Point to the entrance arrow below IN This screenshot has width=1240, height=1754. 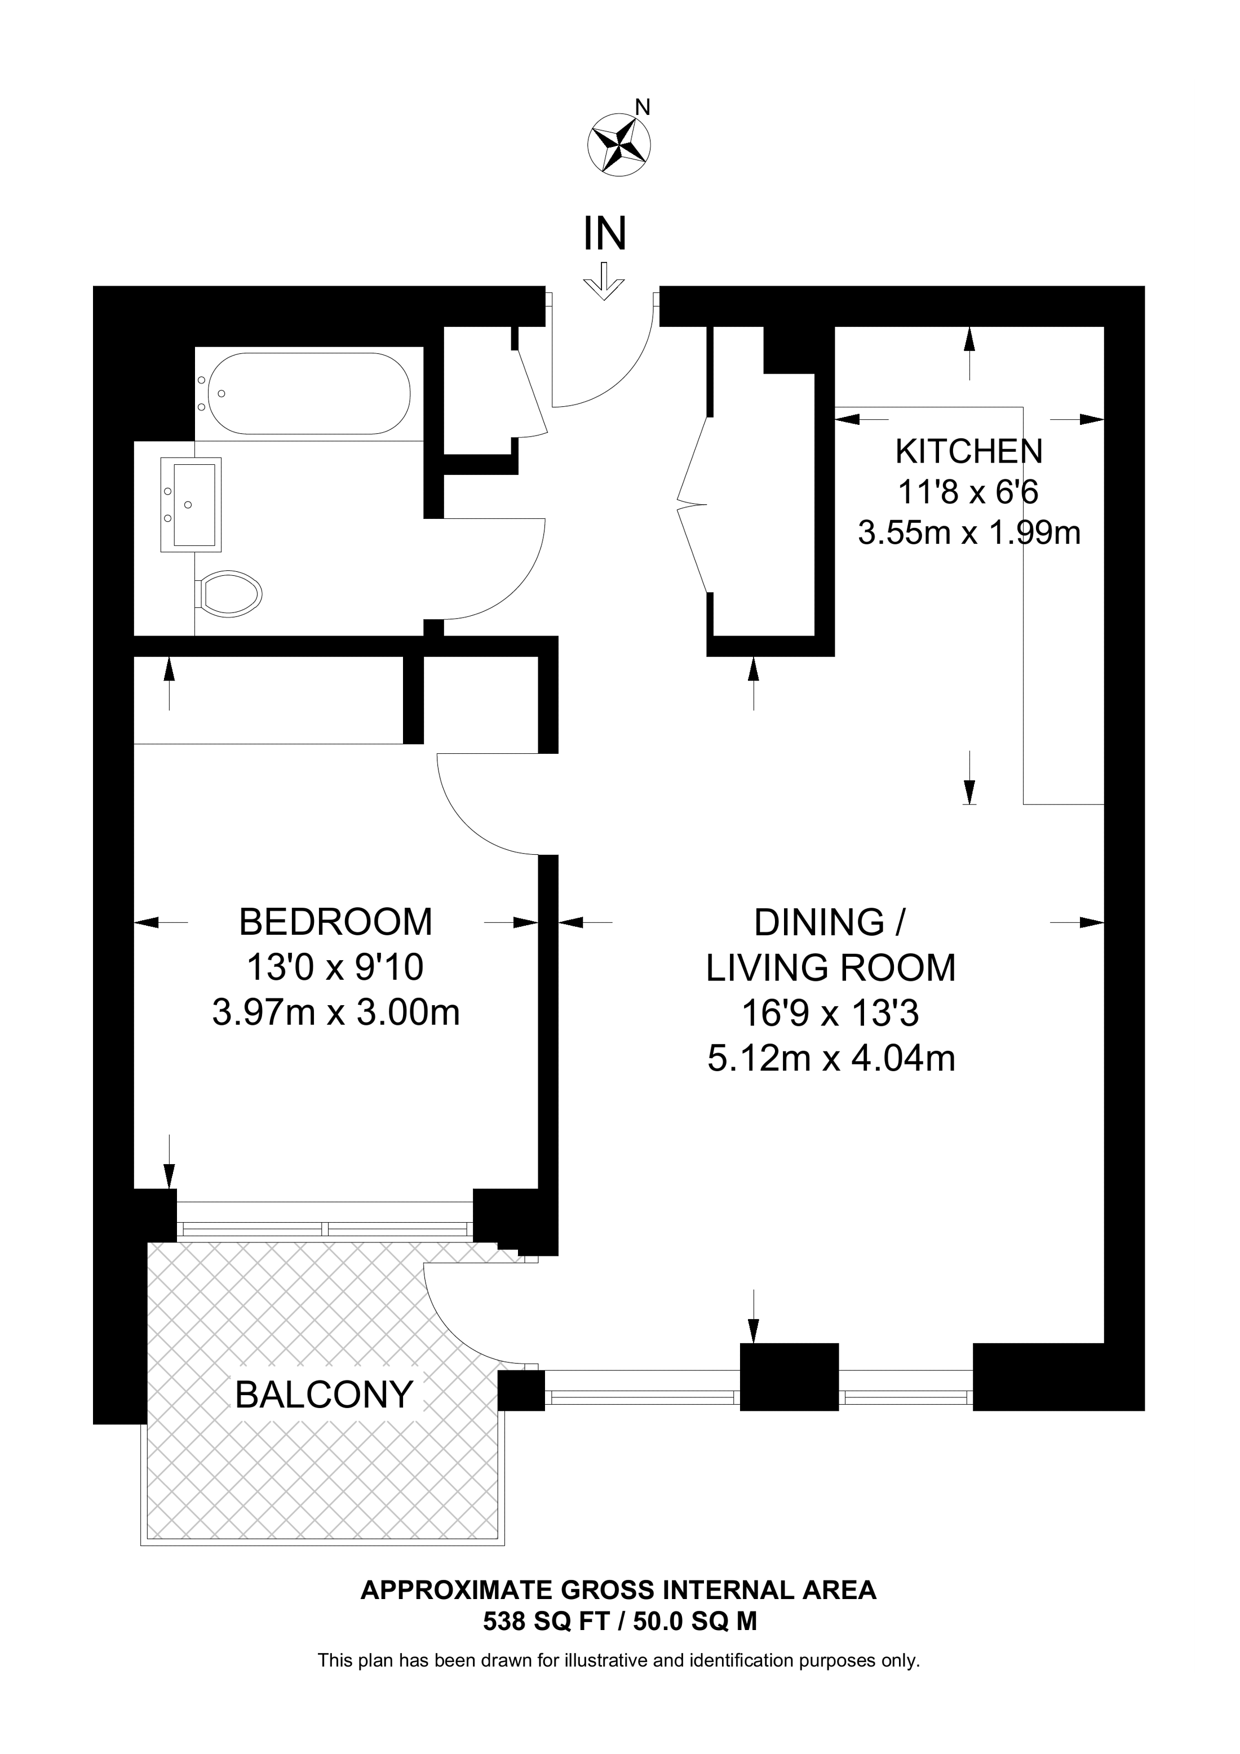pos(604,281)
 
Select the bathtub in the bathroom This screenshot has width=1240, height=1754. pos(309,393)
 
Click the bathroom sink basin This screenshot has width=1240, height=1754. pos(191,504)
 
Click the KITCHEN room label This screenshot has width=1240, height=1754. pos(969,451)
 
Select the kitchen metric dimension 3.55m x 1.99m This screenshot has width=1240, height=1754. pos(969,533)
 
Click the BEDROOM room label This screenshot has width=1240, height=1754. pos(335,922)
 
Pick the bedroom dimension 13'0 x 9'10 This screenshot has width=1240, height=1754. pos(335,968)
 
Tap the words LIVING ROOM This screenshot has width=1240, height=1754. pos(830,968)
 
